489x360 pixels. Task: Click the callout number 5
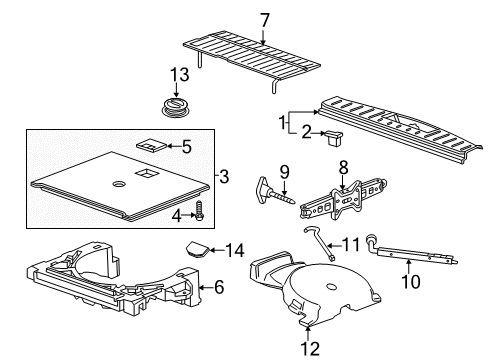(186, 146)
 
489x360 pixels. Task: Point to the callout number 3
(225, 178)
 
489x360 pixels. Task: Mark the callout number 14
(236, 250)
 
